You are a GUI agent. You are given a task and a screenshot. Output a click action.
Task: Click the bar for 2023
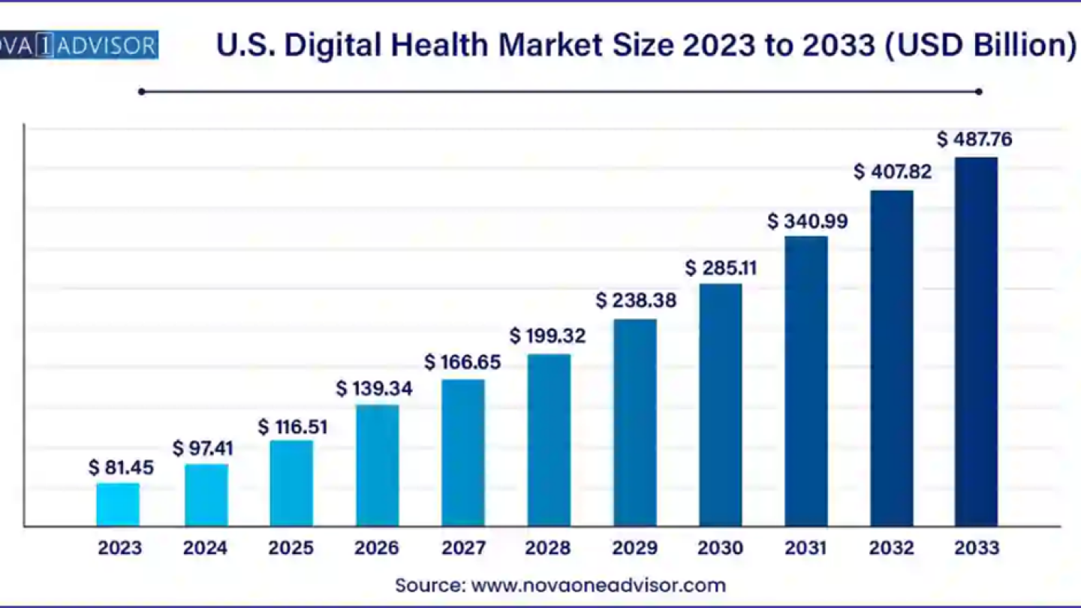point(118,504)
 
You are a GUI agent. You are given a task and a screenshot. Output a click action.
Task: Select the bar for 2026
point(377,465)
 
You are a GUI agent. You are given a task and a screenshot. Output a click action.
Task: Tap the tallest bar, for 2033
point(976,342)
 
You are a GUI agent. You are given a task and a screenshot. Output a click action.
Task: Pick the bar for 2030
point(720,405)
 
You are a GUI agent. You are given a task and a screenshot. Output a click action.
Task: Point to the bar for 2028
point(549,440)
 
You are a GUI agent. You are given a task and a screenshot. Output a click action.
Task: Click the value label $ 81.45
point(121,468)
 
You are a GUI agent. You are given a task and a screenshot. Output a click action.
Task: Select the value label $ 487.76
point(974,140)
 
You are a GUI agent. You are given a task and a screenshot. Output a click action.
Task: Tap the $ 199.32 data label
point(547,336)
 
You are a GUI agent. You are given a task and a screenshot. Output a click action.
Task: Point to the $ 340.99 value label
point(807,221)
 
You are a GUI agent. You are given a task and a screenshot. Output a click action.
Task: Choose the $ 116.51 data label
point(292,427)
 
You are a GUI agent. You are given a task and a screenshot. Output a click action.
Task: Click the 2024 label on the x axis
point(205,549)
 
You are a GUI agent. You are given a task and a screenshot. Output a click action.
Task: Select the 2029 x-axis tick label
point(634,549)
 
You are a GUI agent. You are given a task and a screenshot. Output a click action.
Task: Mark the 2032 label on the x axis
point(892,549)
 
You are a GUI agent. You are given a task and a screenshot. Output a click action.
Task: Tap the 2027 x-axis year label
point(463,549)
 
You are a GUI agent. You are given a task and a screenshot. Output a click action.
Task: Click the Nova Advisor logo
point(79,45)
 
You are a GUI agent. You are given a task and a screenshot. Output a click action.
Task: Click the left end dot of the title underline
point(141,92)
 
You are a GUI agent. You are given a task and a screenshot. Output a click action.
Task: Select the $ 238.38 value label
point(636,301)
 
